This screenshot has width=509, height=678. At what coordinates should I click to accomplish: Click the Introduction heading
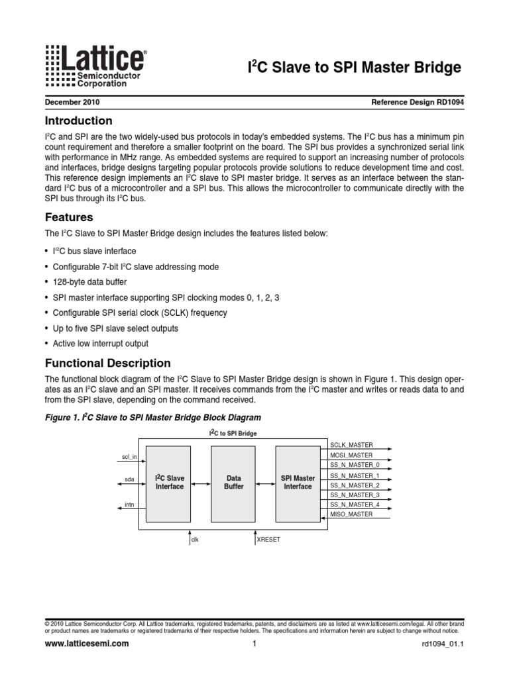tap(78, 121)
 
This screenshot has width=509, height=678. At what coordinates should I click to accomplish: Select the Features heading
tap(68, 217)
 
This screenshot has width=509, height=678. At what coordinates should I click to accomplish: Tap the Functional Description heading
tap(107, 363)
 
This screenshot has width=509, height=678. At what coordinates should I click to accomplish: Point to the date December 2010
tap(72, 103)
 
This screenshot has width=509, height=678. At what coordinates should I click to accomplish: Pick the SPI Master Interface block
tap(298, 482)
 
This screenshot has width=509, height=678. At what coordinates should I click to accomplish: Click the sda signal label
tap(129, 479)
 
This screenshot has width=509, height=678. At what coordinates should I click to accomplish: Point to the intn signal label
tap(129, 505)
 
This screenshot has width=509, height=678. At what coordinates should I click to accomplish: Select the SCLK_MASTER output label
tap(351, 446)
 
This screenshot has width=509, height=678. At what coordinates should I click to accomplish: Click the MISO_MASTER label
tap(351, 514)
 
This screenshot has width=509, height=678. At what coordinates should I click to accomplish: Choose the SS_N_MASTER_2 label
tap(354, 485)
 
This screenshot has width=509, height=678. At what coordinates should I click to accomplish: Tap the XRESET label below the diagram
tap(269, 540)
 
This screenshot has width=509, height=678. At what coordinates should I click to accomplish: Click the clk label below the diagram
tap(195, 540)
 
